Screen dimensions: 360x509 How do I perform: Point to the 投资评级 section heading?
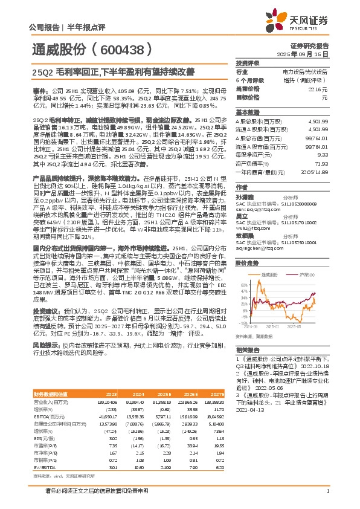[x=248, y=63]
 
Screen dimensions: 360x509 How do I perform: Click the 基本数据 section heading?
[x=248, y=112]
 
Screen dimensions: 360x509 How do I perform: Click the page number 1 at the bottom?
[x=327, y=498]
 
